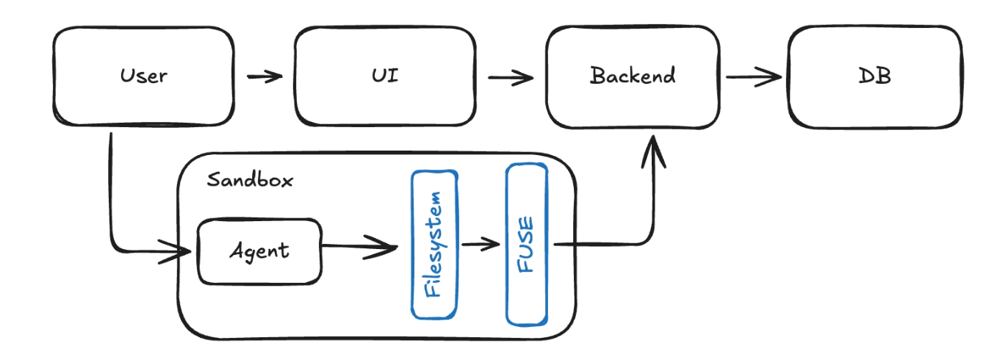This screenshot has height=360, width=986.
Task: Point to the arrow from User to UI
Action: (x=265, y=76)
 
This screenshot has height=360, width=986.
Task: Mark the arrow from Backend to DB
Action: (x=754, y=76)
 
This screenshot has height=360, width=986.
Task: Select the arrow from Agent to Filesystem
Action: (x=360, y=248)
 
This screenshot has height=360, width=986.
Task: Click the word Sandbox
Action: (x=250, y=180)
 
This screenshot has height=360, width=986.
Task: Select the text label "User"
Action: (x=143, y=75)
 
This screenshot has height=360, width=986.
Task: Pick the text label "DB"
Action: (x=874, y=75)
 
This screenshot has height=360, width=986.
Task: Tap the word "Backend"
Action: (x=632, y=76)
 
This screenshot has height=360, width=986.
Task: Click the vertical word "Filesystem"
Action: (x=434, y=244)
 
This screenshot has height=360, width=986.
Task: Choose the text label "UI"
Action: (x=385, y=75)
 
